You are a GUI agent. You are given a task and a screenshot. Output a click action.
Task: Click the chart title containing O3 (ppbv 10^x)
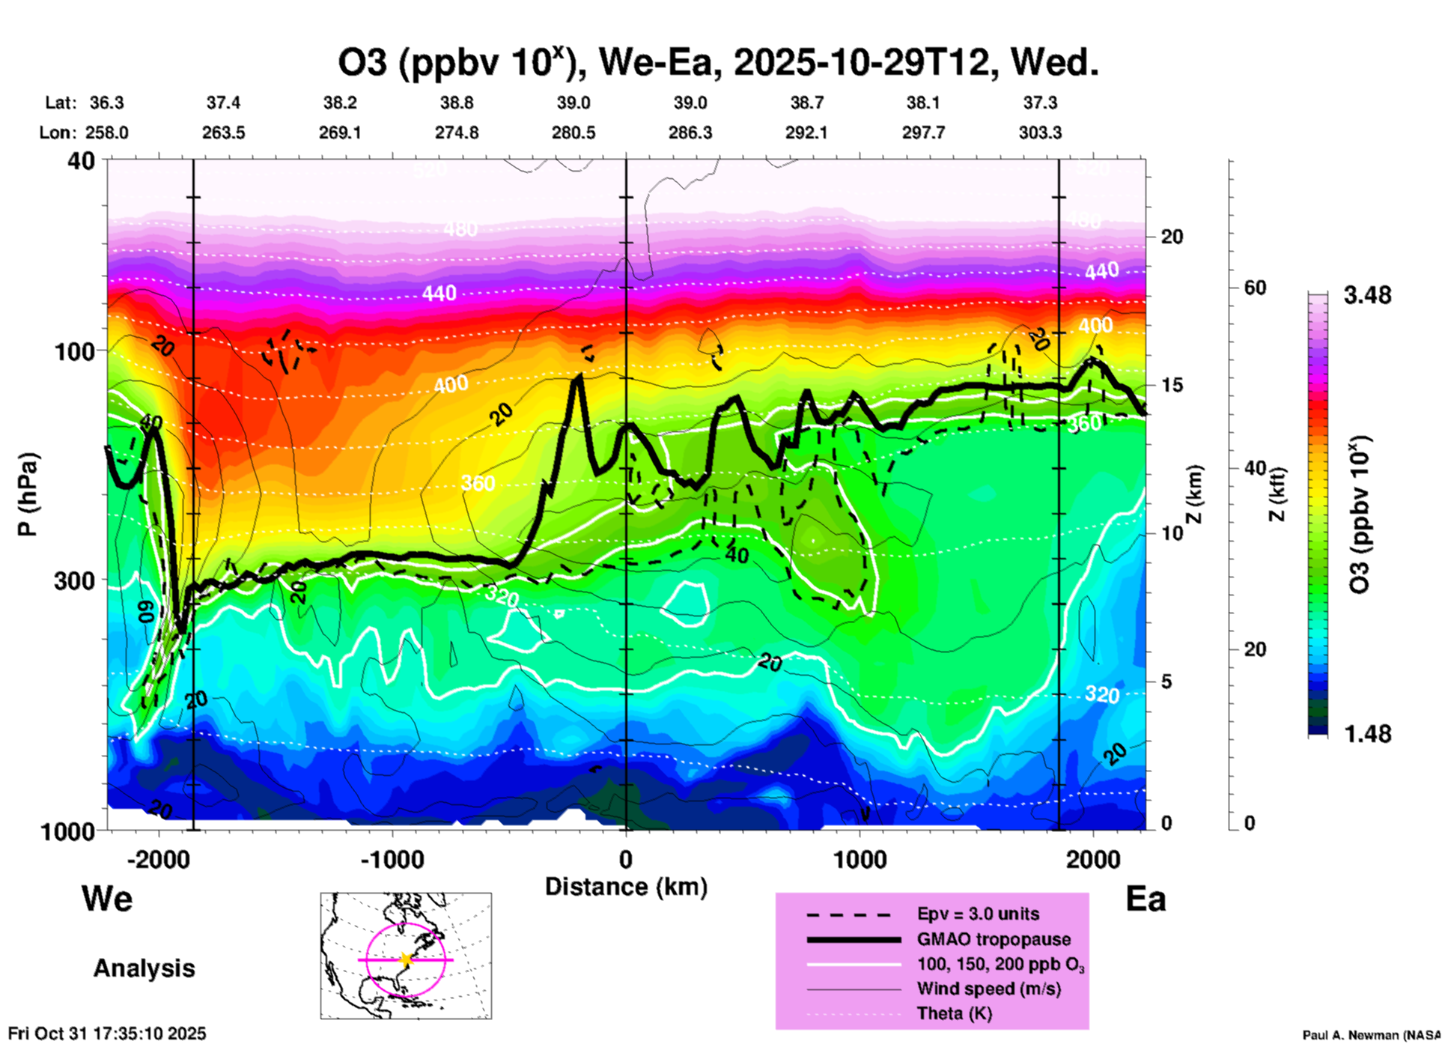point(717,63)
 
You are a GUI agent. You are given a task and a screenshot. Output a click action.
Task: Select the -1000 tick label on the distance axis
point(392,860)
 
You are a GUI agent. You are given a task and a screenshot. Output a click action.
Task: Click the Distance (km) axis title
point(626,887)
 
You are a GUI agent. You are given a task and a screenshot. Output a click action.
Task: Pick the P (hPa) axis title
point(28,494)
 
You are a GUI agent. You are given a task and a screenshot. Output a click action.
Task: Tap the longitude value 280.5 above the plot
point(574,133)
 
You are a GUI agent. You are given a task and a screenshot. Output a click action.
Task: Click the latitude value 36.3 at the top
point(107,103)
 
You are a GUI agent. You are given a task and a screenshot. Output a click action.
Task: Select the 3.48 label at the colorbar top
point(1367,296)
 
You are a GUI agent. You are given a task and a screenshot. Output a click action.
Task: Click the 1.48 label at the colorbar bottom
point(1367,734)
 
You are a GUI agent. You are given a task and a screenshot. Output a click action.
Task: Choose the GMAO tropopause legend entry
point(994,939)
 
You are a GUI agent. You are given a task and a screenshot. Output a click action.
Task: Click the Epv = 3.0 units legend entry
point(978,914)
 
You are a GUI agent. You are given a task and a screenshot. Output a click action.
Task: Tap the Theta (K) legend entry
point(954,1014)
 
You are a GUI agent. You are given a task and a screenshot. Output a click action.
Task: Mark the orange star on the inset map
point(406,959)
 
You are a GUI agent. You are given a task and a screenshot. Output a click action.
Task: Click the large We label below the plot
point(107,899)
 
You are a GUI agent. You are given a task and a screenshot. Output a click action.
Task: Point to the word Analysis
point(144,968)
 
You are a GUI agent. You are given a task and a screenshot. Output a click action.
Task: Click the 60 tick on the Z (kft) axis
point(1255,288)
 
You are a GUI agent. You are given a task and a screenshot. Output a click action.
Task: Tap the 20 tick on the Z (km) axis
point(1172,237)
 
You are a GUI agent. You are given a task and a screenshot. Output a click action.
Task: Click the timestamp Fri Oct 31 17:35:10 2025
point(107,1034)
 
